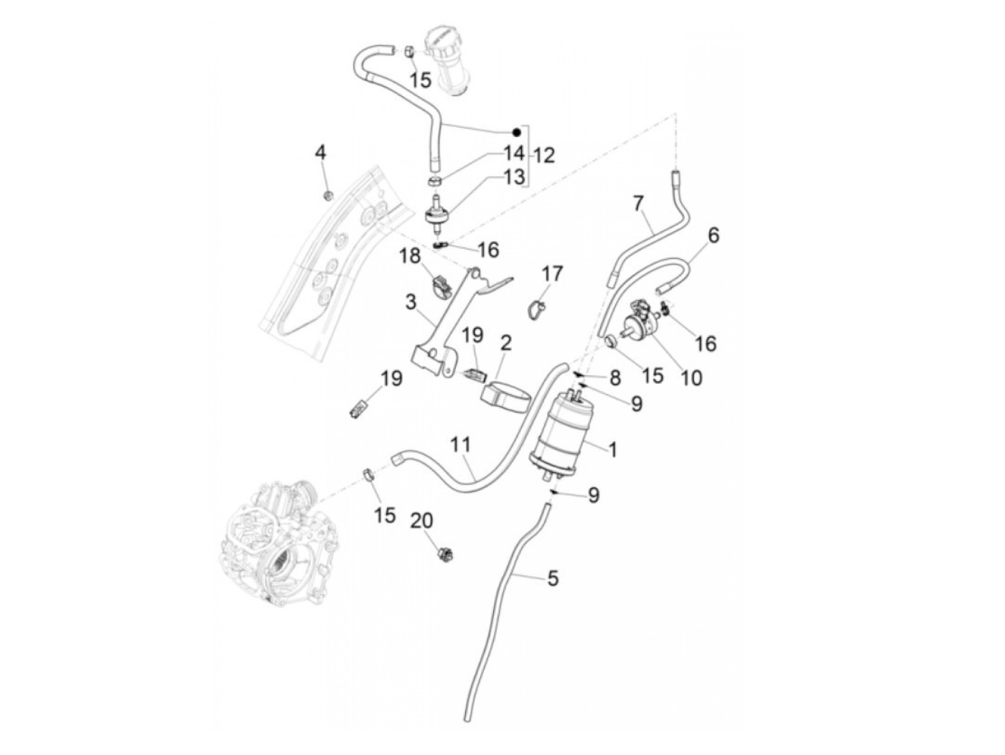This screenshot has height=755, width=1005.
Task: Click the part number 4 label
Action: point(320,152)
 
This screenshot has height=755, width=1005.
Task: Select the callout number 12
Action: point(544,155)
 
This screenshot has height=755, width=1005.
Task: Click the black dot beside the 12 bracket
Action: point(515,132)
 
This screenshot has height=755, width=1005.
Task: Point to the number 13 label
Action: point(514,177)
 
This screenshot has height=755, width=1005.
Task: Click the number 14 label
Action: point(514,152)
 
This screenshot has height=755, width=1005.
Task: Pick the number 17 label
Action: point(553,273)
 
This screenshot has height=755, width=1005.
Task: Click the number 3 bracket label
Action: point(411,302)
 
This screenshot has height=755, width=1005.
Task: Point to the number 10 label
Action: point(691,377)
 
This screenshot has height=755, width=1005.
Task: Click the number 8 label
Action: point(614,377)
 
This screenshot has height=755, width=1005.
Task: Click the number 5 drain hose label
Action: point(552,578)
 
